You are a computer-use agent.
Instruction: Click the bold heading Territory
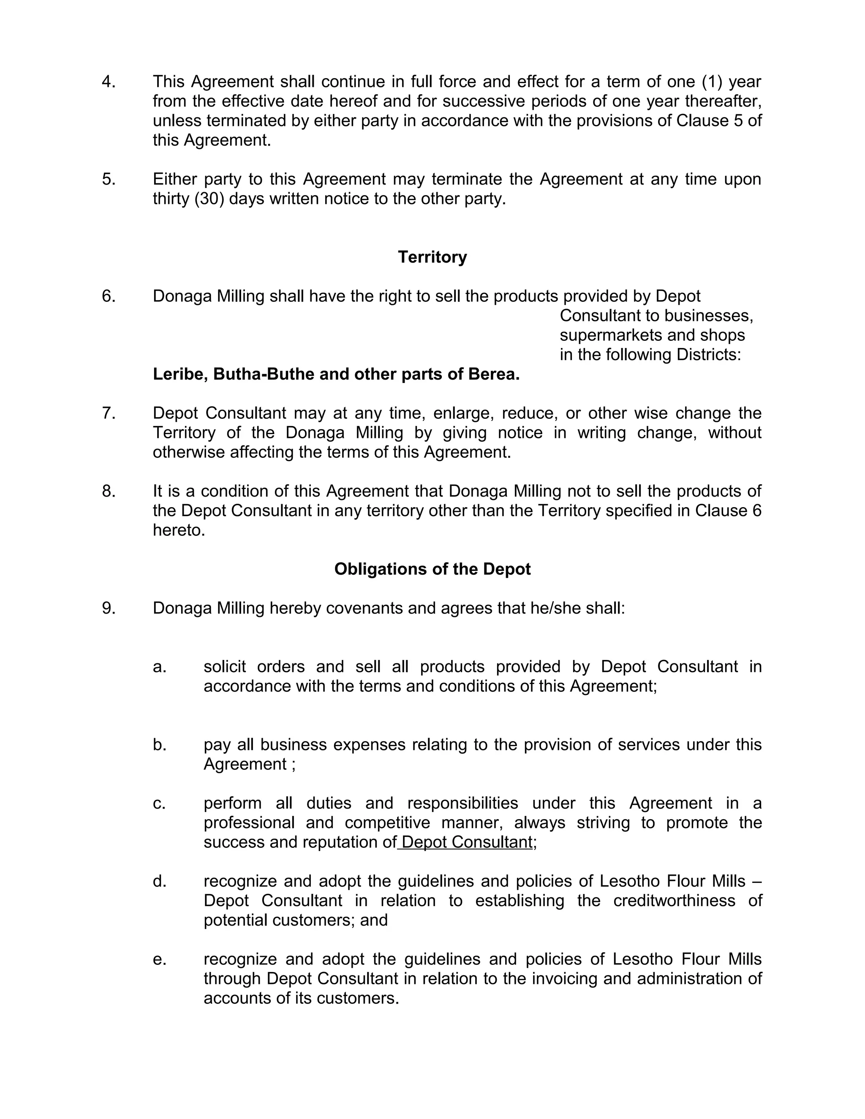pos(432,257)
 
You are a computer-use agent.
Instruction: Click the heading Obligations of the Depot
pos(432,569)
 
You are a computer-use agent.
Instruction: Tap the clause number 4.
pos(108,82)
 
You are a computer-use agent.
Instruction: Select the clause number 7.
pos(108,413)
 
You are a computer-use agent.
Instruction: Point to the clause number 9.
pos(108,608)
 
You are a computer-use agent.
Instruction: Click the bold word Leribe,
pos(180,375)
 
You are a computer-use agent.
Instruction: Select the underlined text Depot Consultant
pos(467,842)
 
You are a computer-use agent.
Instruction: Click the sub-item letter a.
pos(159,667)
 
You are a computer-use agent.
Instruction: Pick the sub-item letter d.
pos(159,881)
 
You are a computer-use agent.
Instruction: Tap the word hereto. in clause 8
pos(179,530)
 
